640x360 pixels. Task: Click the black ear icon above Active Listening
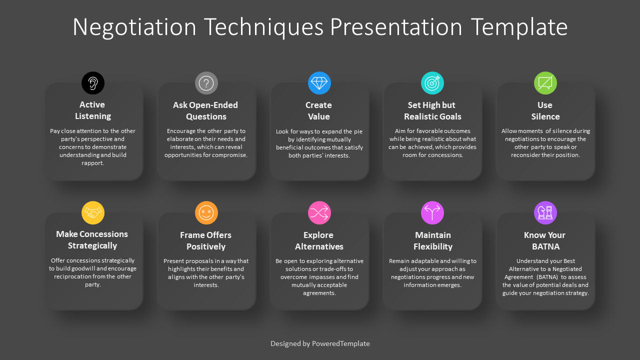pos(93,83)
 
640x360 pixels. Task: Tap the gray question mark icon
pos(206,83)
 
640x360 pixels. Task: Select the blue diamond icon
pos(319,83)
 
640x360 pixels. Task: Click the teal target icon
pos(432,83)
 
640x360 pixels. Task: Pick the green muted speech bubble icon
pos(545,83)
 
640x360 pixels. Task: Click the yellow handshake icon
pos(93,212)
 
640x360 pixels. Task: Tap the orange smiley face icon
pos(206,212)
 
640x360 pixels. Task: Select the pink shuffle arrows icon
pos(319,212)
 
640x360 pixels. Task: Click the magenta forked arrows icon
pos(432,212)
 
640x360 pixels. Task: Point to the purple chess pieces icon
pos(545,212)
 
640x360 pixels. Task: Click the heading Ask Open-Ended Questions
pos(205,110)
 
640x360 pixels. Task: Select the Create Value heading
pos(318,110)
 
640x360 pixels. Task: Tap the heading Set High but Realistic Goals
pos(432,110)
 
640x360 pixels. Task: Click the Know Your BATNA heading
pos(545,240)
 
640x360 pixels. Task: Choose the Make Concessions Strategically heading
pos(92,239)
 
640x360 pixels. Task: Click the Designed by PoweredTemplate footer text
pos(320,343)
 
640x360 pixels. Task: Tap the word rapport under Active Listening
pos(92,163)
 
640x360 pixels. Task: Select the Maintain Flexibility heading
pos(432,240)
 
